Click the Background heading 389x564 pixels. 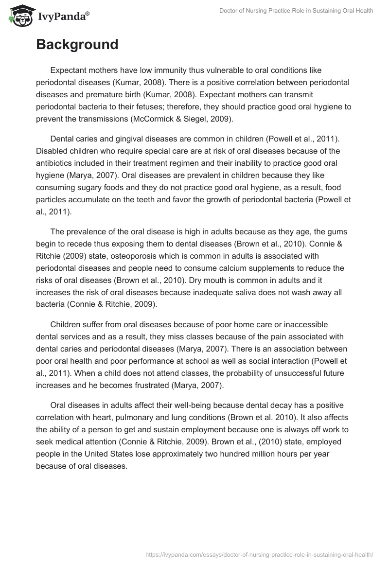pos(77,45)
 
